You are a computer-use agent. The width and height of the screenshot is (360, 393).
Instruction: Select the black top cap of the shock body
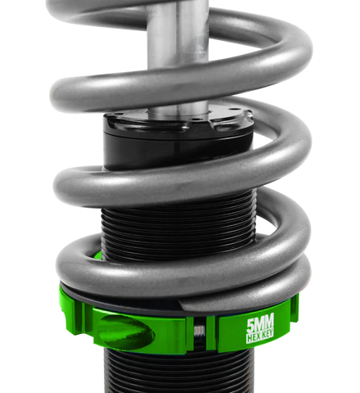(x=176, y=123)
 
